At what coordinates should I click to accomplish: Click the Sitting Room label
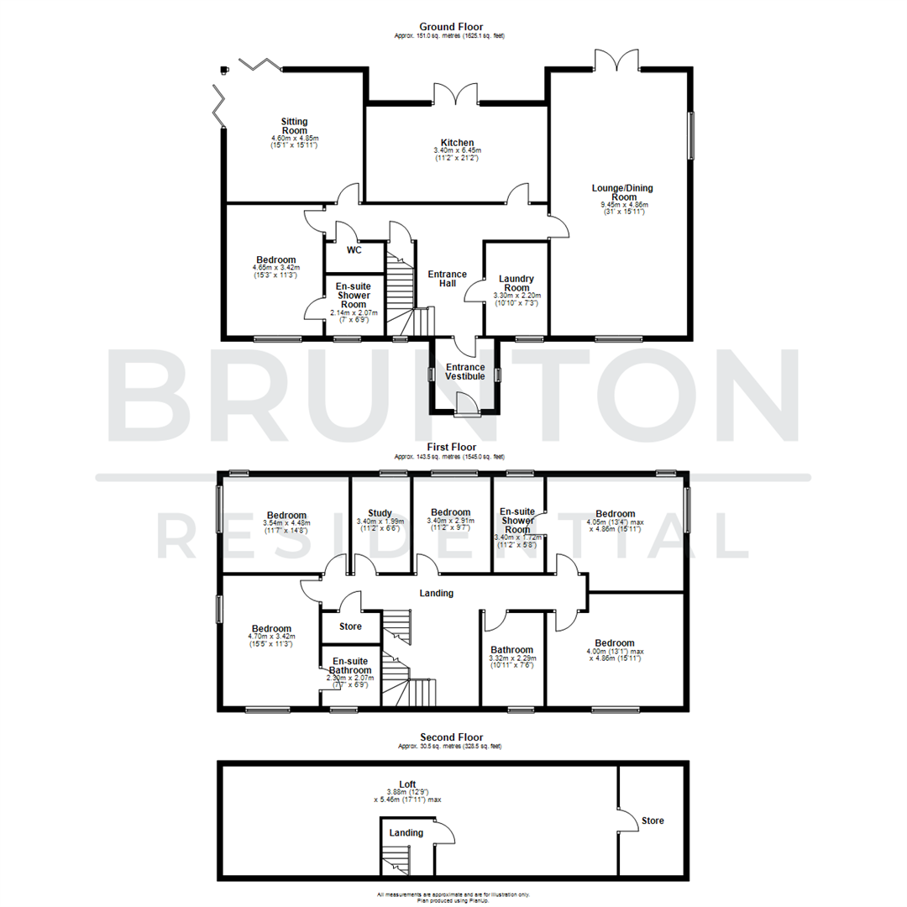295,126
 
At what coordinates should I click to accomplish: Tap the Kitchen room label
458,143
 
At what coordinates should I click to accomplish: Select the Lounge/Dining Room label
622,192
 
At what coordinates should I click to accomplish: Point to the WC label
354,249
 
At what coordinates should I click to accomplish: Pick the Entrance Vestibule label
465,371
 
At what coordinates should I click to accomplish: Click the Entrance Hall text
448,279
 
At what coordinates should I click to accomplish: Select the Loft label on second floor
407,784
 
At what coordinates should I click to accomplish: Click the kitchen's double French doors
456,93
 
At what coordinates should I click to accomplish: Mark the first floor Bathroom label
512,650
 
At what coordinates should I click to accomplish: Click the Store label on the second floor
653,820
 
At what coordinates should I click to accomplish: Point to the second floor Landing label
406,832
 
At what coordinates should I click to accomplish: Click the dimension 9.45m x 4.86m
622,204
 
